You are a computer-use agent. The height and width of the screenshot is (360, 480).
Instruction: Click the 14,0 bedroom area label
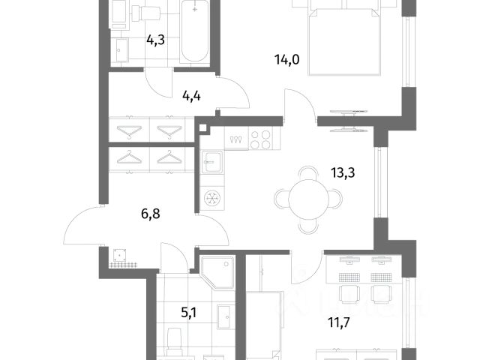[x=286, y=60]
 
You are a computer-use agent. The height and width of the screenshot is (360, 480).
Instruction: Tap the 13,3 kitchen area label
[x=343, y=173]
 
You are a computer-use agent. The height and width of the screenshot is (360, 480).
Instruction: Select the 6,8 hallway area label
[x=151, y=214]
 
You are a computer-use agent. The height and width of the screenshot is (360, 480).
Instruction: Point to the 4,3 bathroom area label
[x=155, y=40]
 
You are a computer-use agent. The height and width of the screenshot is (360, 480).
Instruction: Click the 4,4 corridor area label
[x=191, y=97]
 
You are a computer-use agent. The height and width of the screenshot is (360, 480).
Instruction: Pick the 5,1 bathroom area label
[x=189, y=313]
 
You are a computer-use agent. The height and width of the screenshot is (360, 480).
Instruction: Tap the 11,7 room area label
[x=338, y=322]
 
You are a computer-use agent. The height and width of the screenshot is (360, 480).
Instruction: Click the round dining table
[x=308, y=199]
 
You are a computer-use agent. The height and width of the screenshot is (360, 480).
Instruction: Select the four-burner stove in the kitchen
[x=260, y=139]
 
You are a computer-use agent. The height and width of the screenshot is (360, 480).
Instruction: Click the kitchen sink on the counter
[x=212, y=162]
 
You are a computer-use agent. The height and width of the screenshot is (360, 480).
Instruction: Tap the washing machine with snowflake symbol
[x=212, y=198]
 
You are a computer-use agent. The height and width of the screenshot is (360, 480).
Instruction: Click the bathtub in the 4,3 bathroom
[x=194, y=31]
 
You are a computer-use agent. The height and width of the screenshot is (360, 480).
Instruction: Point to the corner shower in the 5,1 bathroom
[x=217, y=273]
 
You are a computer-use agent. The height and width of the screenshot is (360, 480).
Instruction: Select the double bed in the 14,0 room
[x=345, y=41]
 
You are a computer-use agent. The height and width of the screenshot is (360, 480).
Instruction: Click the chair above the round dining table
[x=308, y=172]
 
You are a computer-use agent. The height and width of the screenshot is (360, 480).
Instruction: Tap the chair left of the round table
[x=281, y=199]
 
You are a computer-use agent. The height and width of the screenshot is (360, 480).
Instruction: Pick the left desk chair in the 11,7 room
[x=348, y=293]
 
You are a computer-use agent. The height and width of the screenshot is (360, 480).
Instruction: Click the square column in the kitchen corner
[x=203, y=128]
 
